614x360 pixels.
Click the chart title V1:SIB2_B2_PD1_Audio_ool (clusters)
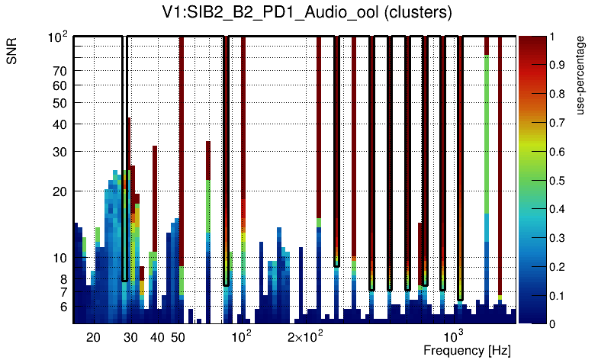tap(306, 13)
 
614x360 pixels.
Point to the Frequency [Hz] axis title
tap(467, 350)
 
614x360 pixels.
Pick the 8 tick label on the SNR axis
tap(64, 279)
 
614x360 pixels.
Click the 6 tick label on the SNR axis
tap(64, 307)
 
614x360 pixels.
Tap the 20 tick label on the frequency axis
tap(93, 337)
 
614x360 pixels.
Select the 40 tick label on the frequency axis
tap(156, 337)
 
